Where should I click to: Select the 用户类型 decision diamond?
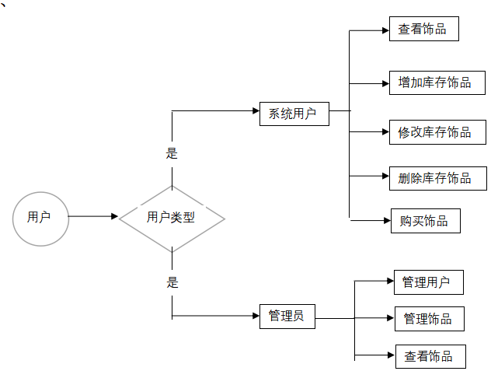click(171, 219)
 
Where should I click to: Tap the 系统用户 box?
click(293, 114)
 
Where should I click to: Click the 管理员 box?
click(287, 317)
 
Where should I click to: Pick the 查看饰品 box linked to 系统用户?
click(423, 30)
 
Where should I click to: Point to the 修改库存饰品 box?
click(435, 132)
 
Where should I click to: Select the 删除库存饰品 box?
click(435, 178)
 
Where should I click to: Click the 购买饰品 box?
click(424, 221)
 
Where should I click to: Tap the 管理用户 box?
click(426, 282)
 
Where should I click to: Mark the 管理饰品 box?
click(428, 319)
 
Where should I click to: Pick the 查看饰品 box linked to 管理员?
click(428, 356)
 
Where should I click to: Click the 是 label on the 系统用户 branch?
click(172, 154)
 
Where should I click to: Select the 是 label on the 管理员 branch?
click(172, 282)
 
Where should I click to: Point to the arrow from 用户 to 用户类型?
click(93, 217)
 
